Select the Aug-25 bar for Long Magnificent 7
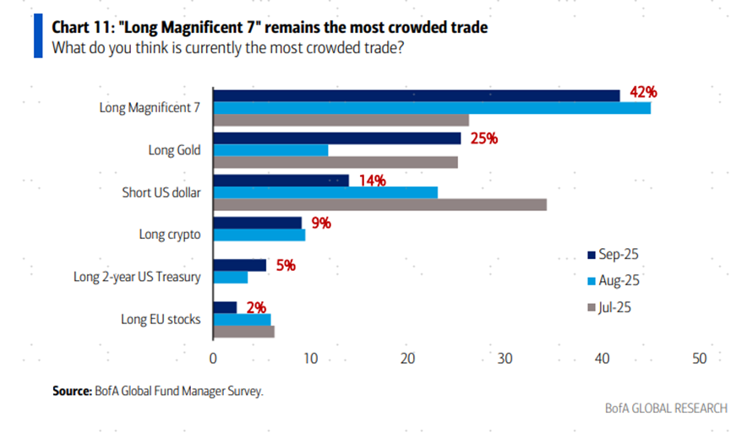[x=431, y=108]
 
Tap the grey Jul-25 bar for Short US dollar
[x=379, y=204]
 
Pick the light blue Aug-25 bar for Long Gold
[x=270, y=150]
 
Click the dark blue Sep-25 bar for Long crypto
[x=257, y=223]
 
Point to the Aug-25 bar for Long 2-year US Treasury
[x=230, y=277]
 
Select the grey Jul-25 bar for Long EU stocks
[x=243, y=332]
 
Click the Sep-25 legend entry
[x=614, y=253]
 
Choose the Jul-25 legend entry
[x=614, y=306]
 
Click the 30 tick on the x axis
[x=505, y=358]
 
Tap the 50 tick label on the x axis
[x=699, y=358]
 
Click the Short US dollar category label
[x=161, y=192]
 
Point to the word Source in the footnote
[x=71, y=391]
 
